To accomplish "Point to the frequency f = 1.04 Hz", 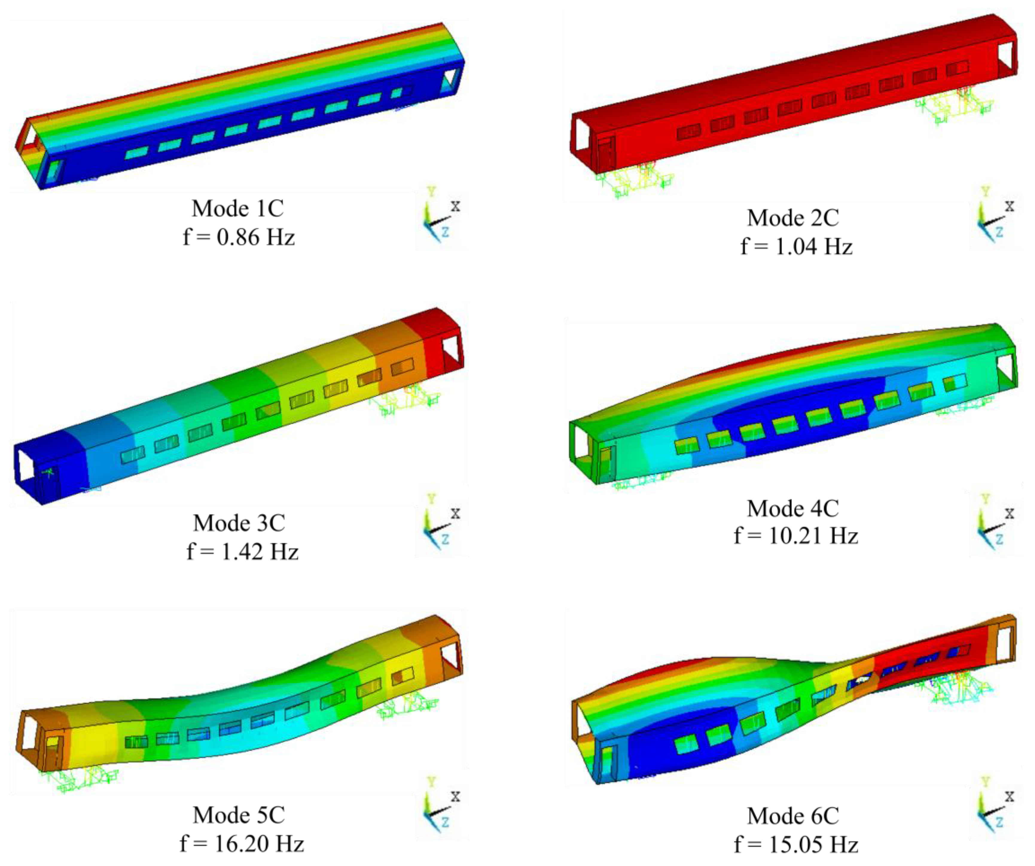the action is pyautogui.click(x=796, y=246).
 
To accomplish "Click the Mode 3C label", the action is pyautogui.click(x=239, y=523).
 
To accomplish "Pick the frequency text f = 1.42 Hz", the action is pyautogui.click(x=243, y=552).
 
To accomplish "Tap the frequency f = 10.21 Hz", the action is pyautogui.click(x=796, y=536).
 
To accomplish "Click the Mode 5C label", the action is pyautogui.click(x=239, y=815).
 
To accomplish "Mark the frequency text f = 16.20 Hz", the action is pyautogui.click(x=242, y=844).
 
